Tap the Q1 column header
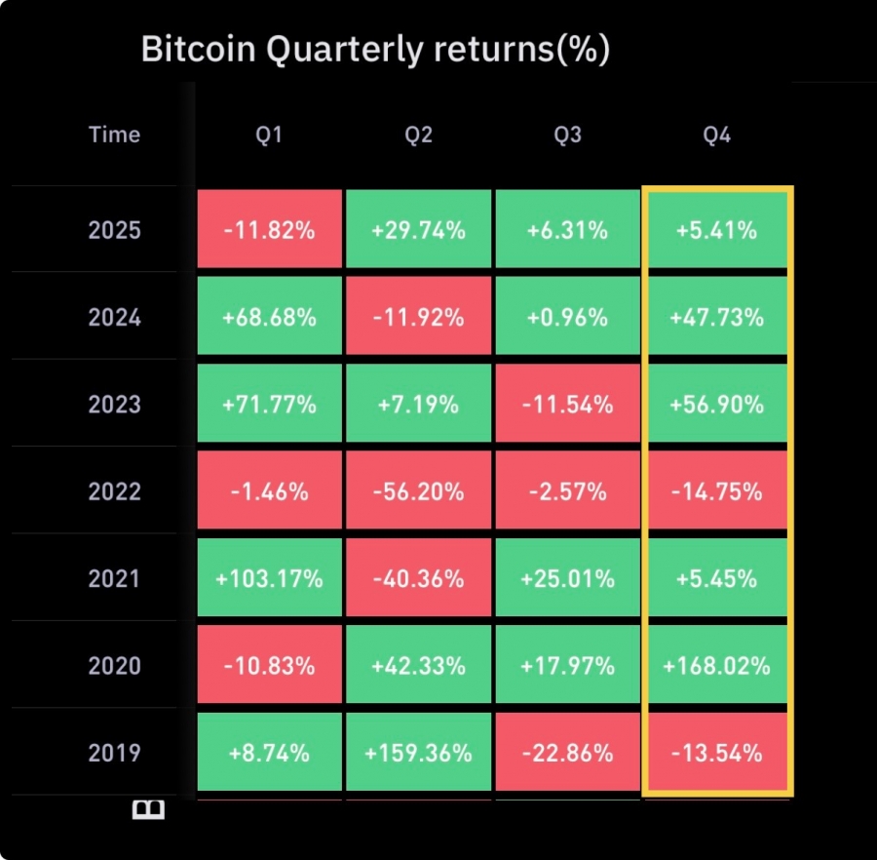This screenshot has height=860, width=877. (x=269, y=135)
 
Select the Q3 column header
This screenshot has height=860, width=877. (x=567, y=135)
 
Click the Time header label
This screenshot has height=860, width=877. (x=115, y=135)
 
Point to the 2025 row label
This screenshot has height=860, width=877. (x=115, y=231)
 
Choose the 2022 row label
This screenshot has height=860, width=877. (x=115, y=491)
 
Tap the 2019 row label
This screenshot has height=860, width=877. (x=115, y=753)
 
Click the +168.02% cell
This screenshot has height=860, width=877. (x=716, y=666)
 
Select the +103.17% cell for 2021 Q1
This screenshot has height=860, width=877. (x=270, y=579)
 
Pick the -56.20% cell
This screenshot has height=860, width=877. (x=418, y=491)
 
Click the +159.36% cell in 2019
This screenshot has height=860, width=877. (x=418, y=753)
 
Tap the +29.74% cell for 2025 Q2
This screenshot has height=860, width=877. (x=418, y=231)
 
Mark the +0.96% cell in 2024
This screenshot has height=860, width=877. (x=567, y=318)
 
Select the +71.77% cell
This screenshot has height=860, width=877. (x=270, y=405)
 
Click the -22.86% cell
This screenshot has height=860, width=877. (x=567, y=753)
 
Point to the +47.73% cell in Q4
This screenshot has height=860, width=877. (x=716, y=318)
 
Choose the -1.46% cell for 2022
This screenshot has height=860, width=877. (x=270, y=491)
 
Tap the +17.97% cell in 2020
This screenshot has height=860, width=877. (x=567, y=666)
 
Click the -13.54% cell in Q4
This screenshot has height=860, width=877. (x=716, y=753)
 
